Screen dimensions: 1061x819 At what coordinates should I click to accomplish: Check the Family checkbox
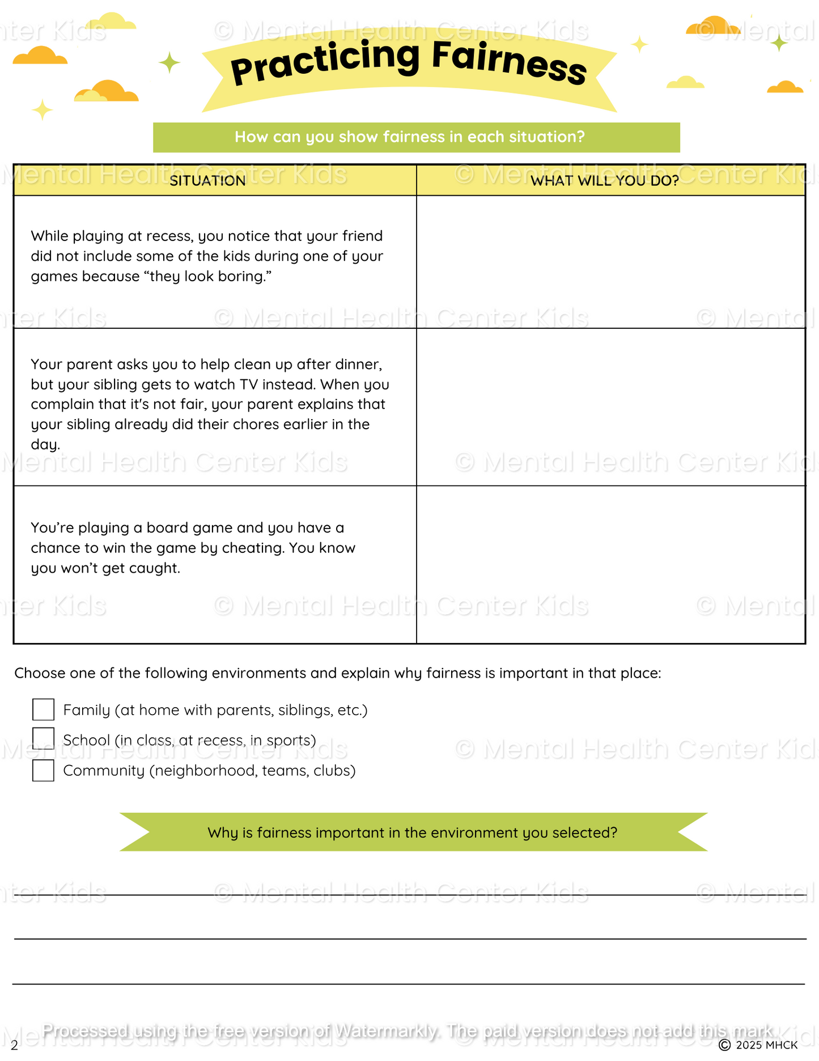coord(43,709)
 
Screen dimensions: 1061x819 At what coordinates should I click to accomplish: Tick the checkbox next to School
coord(43,739)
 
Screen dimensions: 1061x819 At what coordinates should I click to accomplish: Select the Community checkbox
coord(43,770)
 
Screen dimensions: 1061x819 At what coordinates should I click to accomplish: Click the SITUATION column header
coord(207,181)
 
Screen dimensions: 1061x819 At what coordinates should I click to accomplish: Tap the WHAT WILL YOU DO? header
coord(604,181)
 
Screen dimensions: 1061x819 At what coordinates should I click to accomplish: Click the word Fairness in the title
coord(508,64)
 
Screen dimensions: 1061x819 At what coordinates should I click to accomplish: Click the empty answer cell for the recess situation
coord(610,262)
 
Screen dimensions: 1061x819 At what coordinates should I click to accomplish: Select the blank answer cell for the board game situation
coord(610,564)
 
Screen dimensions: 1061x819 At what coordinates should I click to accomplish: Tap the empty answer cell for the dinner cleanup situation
coord(610,407)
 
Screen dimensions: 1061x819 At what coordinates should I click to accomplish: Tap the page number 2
coord(14,1046)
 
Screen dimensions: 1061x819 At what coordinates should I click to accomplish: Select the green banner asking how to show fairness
coord(416,137)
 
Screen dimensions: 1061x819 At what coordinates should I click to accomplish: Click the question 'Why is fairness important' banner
coord(413,832)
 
